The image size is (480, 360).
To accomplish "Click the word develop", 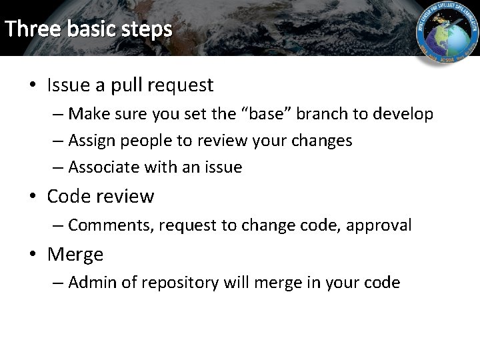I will click(x=402, y=114).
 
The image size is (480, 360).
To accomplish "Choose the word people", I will click(x=148, y=141).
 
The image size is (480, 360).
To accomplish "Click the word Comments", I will click(x=111, y=225).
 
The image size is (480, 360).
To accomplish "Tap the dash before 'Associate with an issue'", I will click(x=58, y=167).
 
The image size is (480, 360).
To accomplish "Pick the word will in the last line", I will click(x=235, y=283).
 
